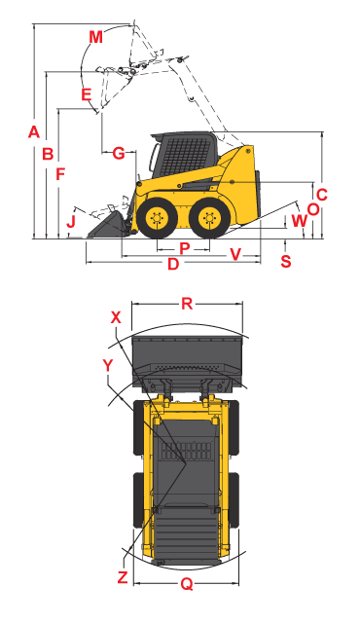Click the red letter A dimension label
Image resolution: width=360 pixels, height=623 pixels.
tap(34, 131)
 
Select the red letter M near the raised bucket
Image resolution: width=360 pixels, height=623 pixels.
tap(95, 37)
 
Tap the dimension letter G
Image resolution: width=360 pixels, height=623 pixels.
tap(119, 153)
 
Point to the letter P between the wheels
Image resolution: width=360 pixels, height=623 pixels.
tap(184, 249)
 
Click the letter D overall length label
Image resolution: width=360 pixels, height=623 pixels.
tap(173, 264)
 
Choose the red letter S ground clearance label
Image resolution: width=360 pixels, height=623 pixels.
tap(286, 261)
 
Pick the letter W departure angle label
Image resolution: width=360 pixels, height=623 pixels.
tap(299, 221)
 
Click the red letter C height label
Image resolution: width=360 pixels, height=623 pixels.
tap(321, 195)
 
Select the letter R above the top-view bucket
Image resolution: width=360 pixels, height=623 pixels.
tap(187, 304)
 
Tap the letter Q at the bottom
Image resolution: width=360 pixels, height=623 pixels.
tap(187, 584)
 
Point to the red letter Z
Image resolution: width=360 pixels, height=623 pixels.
tap(123, 577)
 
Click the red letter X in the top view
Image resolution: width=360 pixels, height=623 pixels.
tap(116, 317)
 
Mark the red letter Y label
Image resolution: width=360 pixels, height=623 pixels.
tap(108, 366)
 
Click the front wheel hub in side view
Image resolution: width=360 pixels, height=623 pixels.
tap(158, 218)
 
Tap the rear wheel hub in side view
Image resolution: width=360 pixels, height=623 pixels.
tap(209, 218)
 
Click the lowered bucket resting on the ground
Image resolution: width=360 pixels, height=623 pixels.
tap(108, 227)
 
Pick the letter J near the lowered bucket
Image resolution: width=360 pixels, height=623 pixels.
tap(71, 221)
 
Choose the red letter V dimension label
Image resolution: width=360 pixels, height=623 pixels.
tap(235, 255)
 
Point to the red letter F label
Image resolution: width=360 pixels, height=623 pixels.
tap(60, 174)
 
